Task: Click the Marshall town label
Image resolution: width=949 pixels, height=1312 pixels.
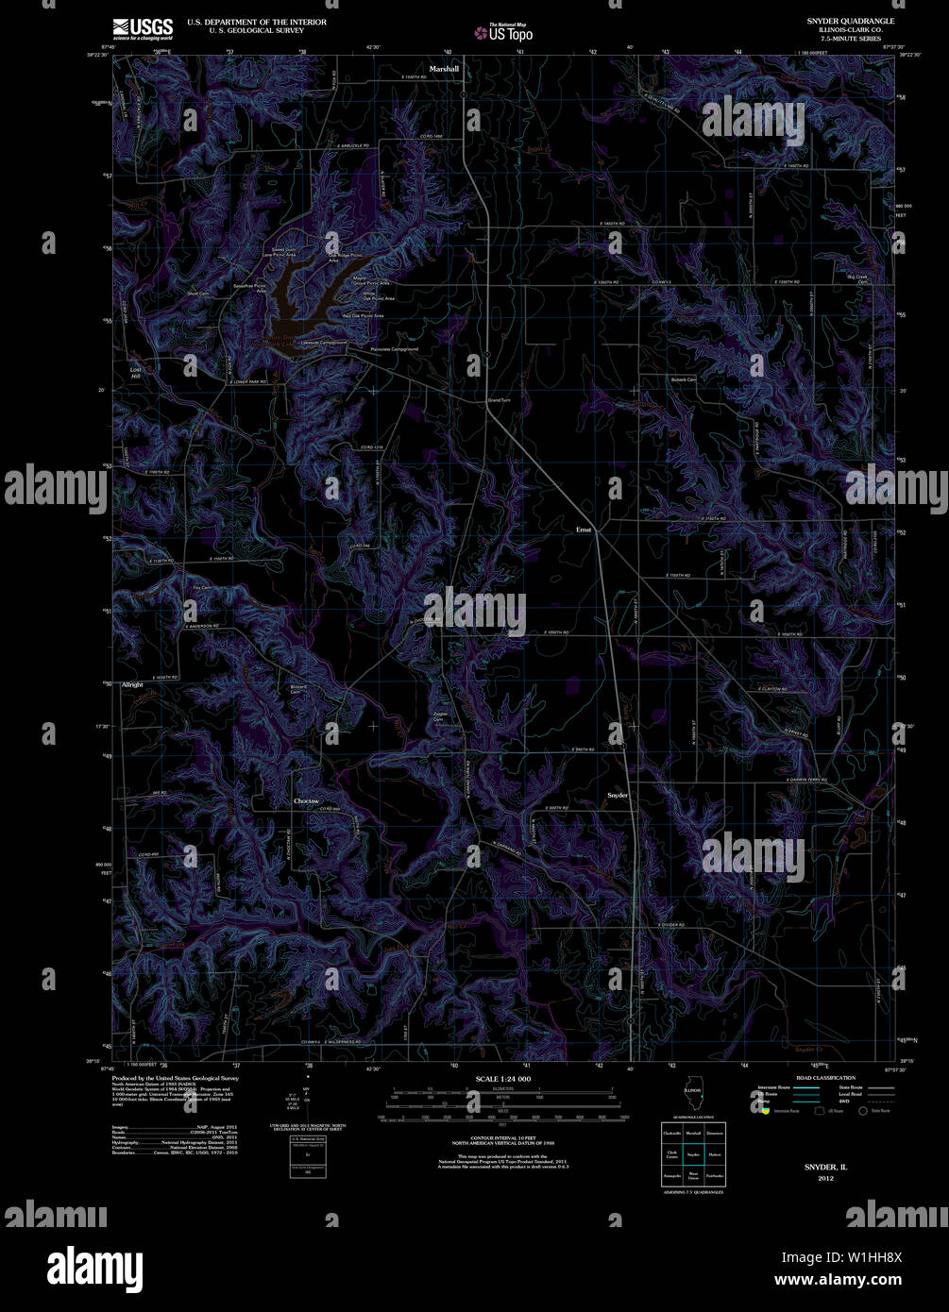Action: [x=444, y=69]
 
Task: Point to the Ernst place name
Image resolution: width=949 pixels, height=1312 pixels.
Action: [x=584, y=530]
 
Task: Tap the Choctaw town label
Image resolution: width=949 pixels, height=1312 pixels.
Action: [x=306, y=800]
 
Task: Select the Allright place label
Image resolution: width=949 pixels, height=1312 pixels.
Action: [x=132, y=684]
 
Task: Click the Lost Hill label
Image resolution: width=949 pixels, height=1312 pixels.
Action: [x=135, y=372]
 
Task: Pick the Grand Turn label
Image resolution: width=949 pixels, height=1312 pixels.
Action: [x=499, y=400]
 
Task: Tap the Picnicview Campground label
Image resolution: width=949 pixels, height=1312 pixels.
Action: [x=395, y=349]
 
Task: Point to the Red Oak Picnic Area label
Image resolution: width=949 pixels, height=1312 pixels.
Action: [x=363, y=315]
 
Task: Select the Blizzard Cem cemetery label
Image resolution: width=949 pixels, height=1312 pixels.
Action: [x=299, y=690]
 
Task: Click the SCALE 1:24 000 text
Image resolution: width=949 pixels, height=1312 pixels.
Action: [x=503, y=1078]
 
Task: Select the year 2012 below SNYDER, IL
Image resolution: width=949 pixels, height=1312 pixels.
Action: [x=826, y=1178]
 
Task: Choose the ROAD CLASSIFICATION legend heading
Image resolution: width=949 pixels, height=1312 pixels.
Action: [x=825, y=1077]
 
